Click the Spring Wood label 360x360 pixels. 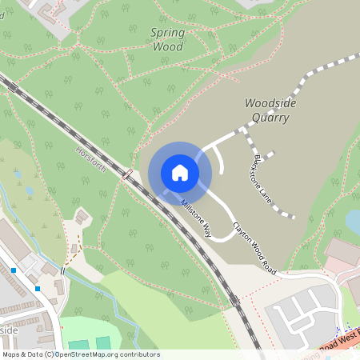tap(167, 40)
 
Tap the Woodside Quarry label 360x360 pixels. tap(266, 110)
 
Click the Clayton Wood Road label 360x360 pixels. tap(254, 248)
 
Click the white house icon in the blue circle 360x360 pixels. tap(179, 173)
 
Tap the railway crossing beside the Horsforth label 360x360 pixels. tap(127, 174)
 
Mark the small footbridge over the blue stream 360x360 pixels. tap(62, 271)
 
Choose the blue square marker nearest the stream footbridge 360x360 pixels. tap(38, 288)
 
